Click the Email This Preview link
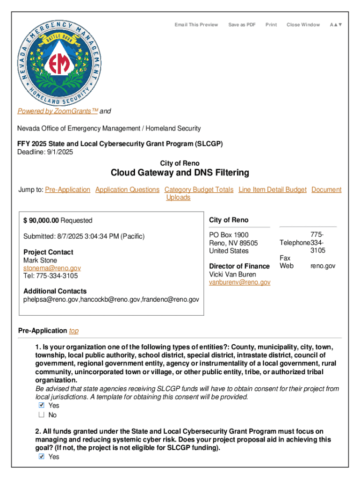pos(196,25)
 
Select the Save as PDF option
pos(242,25)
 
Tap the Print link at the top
pos(271,25)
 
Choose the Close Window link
pos(303,25)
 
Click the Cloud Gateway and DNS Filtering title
pos(180,173)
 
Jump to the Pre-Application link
pos(68,189)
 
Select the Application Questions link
pos(127,189)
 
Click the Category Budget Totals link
pos(199,189)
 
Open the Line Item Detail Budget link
pos(273,189)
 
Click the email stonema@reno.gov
pos(52,268)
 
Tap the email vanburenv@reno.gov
pos(239,282)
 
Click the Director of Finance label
pos(239,266)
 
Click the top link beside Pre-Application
pos(74,331)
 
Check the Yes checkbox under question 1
pos(41,406)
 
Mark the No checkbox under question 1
pos(41,415)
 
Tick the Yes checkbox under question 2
pos(41,457)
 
